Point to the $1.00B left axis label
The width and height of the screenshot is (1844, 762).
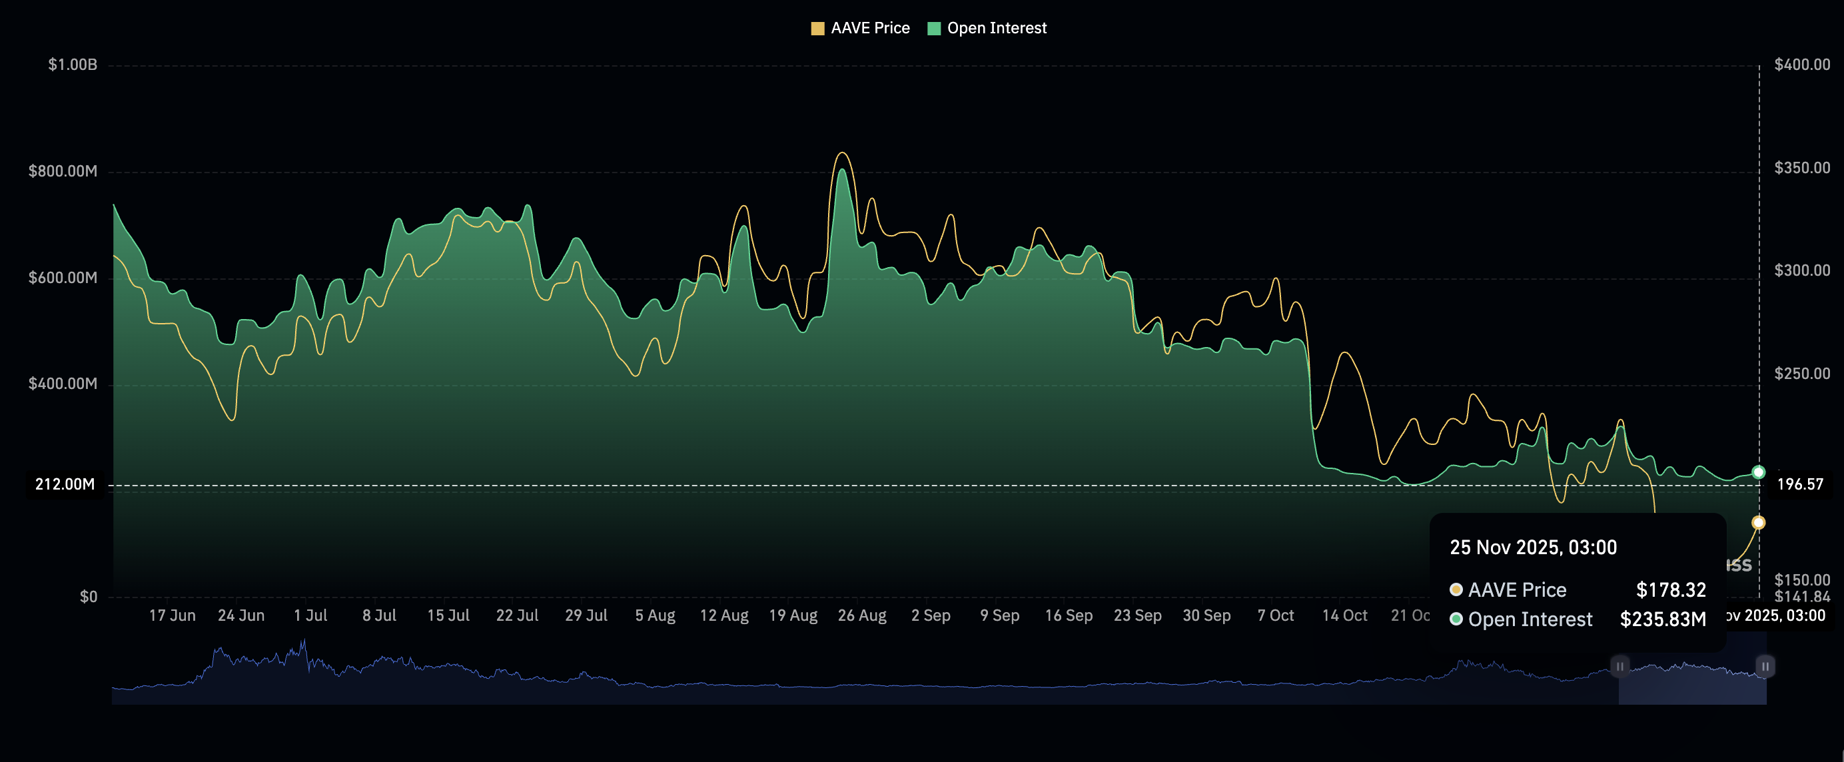[73, 65]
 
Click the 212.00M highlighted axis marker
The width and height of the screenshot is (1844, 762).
[65, 484]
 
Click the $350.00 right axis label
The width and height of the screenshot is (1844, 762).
[1801, 167]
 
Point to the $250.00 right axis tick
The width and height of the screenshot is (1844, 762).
[1801, 374]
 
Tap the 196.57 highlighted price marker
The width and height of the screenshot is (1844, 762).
[1799, 484]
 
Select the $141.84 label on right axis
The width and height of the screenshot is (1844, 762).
[1801, 597]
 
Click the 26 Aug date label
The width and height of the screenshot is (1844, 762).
[862, 615]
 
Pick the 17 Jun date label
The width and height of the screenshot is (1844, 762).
[172, 615]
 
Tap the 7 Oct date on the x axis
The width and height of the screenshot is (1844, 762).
[1275, 615]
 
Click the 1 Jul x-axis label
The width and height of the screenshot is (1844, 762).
[310, 615]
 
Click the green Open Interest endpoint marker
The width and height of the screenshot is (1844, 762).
[1758, 472]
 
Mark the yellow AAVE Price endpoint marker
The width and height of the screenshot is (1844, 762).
[1758, 523]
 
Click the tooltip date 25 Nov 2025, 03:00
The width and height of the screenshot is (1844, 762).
[1533, 548]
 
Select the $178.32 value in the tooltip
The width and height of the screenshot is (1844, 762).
[1670, 590]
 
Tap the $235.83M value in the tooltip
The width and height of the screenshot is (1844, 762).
[1662, 619]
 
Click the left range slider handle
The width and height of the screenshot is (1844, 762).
[1619, 666]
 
